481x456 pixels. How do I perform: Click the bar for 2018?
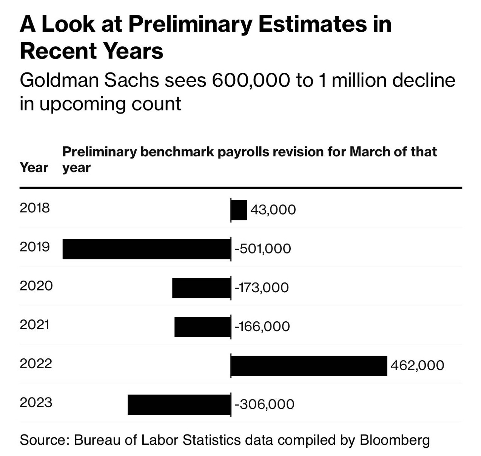[x=239, y=210]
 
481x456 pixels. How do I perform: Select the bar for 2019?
[x=146, y=249]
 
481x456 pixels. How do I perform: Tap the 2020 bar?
[x=201, y=288]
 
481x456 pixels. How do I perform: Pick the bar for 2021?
[x=202, y=327]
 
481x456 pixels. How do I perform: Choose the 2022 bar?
[x=309, y=365]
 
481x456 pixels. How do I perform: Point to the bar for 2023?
[x=179, y=404]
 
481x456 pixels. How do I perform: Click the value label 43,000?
[x=273, y=210]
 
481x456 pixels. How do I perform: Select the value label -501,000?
[x=263, y=249]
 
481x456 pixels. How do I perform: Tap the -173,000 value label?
[x=262, y=287]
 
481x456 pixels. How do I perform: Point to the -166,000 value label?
[x=262, y=326]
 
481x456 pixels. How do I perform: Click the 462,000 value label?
[x=417, y=365]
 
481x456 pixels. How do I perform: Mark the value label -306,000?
[x=264, y=404]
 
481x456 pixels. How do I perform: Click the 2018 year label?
[x=35, y=207]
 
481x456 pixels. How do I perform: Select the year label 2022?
[x=36, y=363]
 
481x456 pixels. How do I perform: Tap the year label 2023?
[x=36, y=402]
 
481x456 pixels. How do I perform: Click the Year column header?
[x=34, y=167]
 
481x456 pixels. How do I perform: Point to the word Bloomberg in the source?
[x=395, y=440]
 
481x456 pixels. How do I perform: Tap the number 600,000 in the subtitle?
[x=251, y=80]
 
